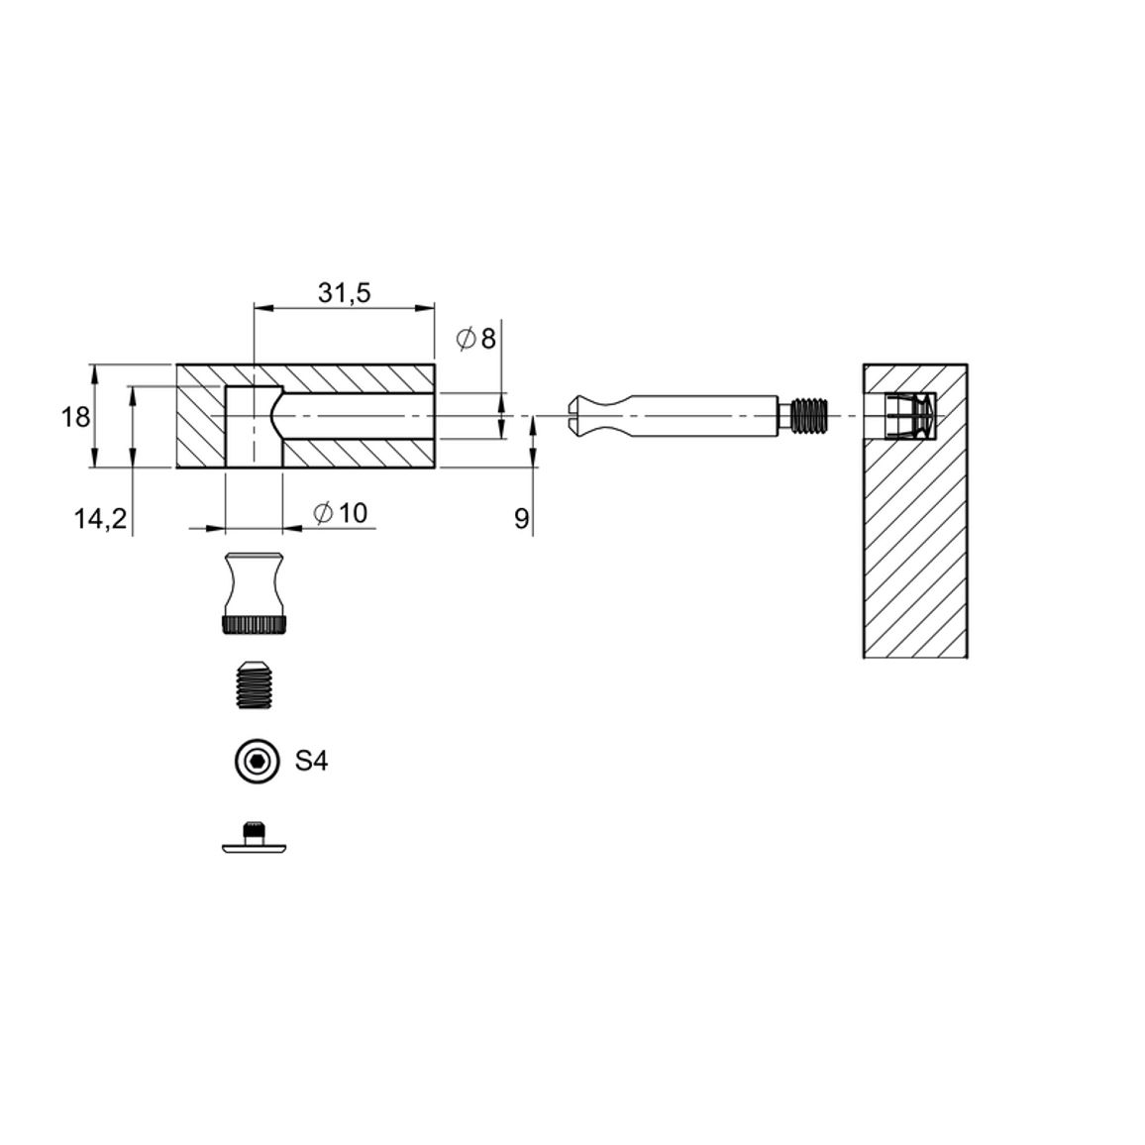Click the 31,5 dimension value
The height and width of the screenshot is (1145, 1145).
coord(344,293)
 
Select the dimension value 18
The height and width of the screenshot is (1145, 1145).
coord(75,418)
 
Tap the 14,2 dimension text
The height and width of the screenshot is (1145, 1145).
coord(101,519)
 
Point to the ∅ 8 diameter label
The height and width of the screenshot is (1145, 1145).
coord(476,339)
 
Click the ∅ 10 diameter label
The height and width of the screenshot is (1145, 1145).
coord(341,513)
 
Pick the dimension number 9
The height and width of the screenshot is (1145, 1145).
coord(521,519)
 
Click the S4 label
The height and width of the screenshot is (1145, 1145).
coord(312,762)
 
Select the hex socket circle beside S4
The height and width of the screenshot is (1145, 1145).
coord(258,762)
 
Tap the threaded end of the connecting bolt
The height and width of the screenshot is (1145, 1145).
coord(810,415)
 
